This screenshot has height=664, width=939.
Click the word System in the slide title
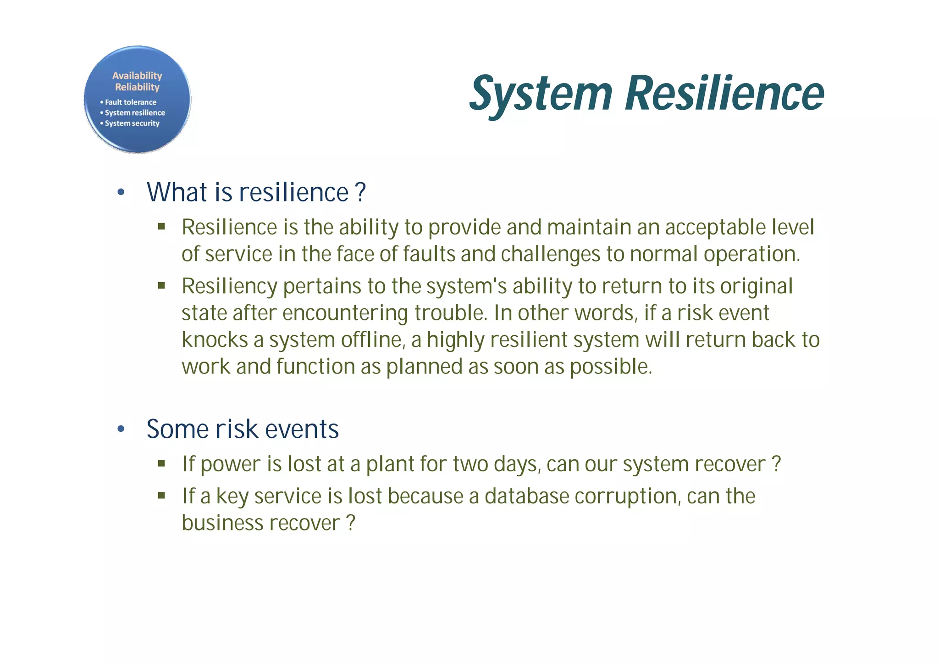click(x=541, y=94)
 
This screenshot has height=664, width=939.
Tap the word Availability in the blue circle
click(x=137, y=76)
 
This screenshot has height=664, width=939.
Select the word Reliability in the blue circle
click(x=137, y=87)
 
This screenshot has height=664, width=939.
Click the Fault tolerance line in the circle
click(x=130, y=102)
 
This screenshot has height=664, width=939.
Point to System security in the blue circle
click(x=132, y=123)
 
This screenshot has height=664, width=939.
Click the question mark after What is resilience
click(x=361, y=192)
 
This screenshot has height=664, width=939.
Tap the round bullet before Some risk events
click(x=121, y=429)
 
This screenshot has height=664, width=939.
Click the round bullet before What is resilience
click(x=121, y=192)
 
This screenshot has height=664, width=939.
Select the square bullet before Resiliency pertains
click(x=161, y=286)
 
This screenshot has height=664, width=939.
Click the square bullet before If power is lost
click(x=161, y=463)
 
